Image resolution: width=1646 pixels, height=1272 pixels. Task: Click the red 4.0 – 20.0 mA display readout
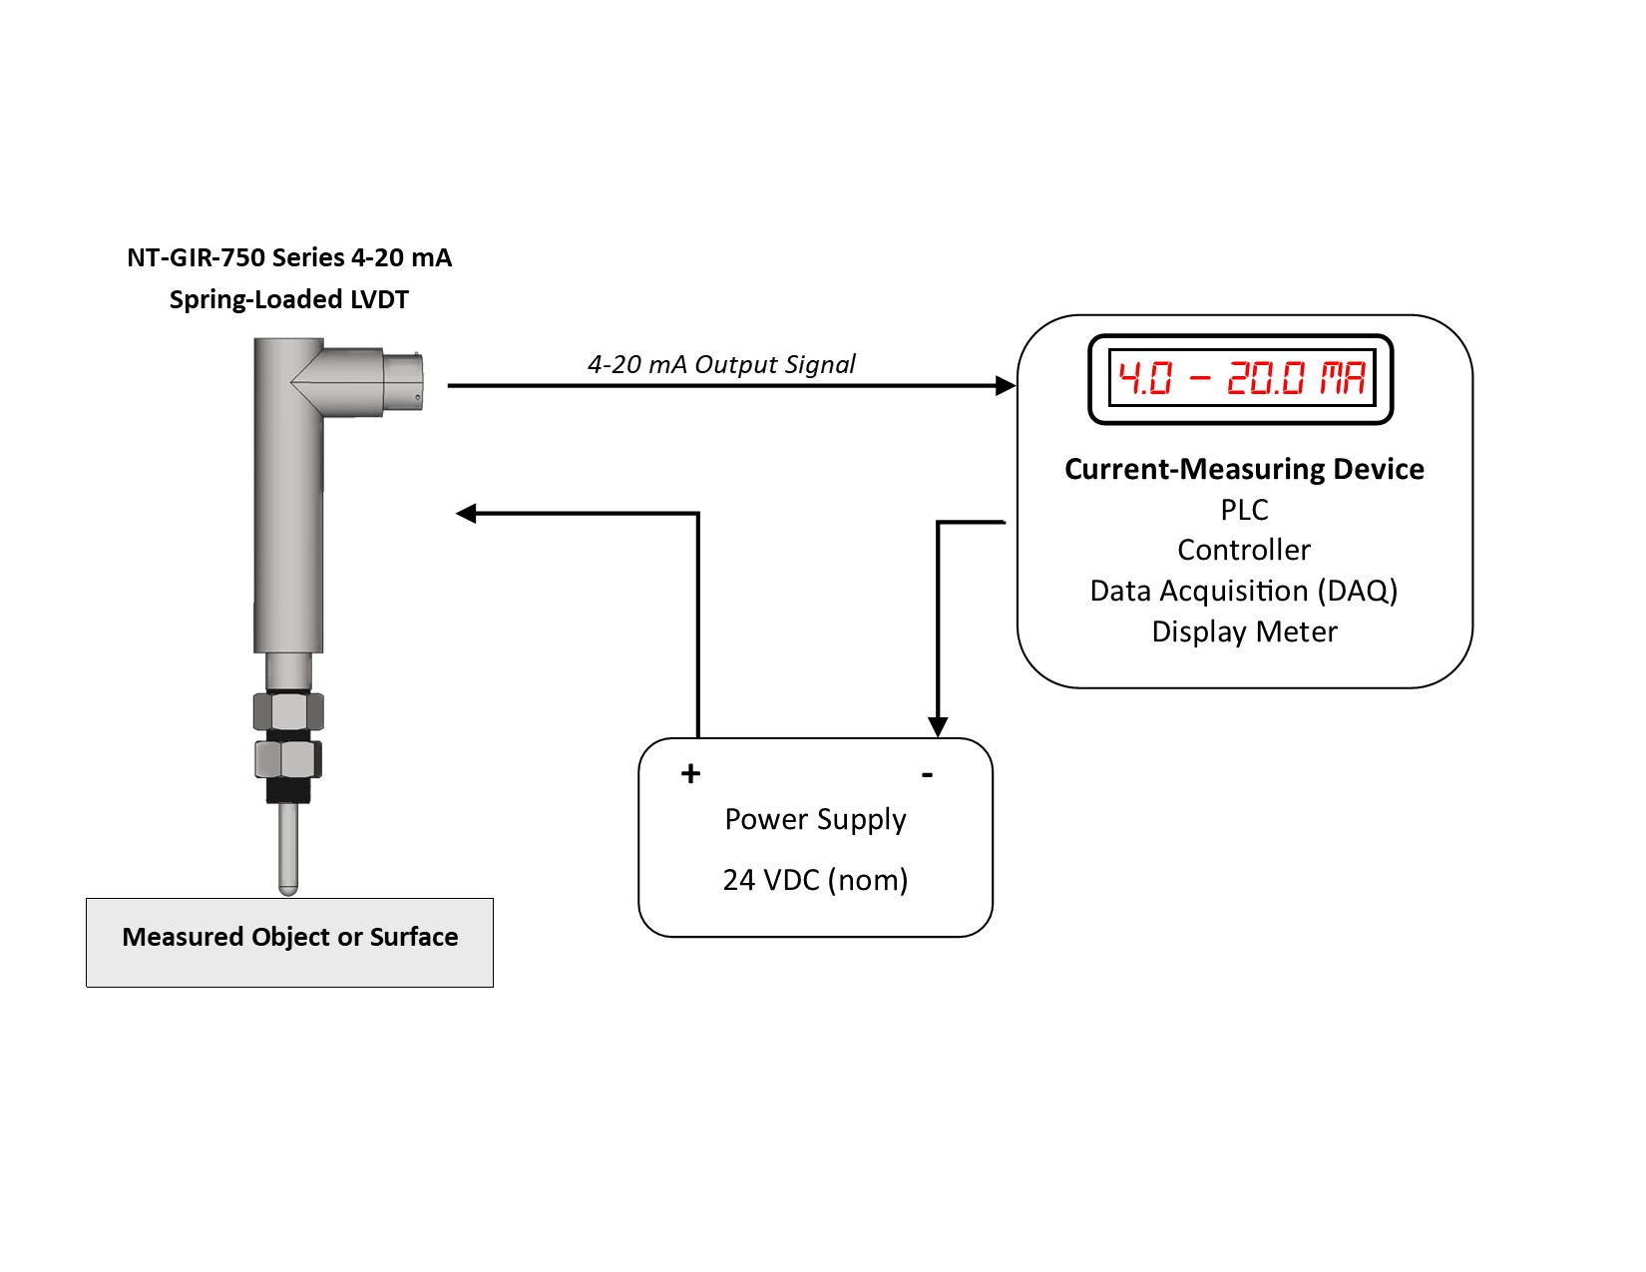click(x=1240, y=379)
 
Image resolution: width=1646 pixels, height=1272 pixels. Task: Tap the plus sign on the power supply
click(x=690, y=774)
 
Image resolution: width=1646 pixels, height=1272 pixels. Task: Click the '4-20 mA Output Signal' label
click(x=720, y=364)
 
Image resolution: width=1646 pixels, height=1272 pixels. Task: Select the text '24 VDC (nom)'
click(x=815, y=880)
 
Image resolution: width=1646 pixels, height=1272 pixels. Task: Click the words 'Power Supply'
click(x=815, y=819)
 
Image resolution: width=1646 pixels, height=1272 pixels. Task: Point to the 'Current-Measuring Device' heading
click(x=1244, y=469)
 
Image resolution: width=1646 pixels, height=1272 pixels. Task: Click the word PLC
click(x=1244, y=510)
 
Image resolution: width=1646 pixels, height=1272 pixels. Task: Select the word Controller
click(x=1244, y=550)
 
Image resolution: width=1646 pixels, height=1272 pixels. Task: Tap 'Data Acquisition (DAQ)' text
click(x=1244, y=591)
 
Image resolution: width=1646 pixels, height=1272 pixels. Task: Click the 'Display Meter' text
click(x=1244, y=632)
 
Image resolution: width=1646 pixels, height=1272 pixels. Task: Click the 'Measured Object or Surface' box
click(x=289, y=942)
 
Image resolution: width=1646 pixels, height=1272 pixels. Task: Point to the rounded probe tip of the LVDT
click(x=287, y=884)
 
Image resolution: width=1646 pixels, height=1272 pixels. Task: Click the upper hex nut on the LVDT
click(x=288, y=711)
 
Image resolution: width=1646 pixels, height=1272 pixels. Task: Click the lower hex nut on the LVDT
click(x=288, y=759)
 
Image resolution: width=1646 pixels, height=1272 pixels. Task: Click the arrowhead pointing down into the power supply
click(x=938, y=726)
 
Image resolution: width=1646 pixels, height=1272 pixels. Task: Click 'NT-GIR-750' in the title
click(x=196, y=257)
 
